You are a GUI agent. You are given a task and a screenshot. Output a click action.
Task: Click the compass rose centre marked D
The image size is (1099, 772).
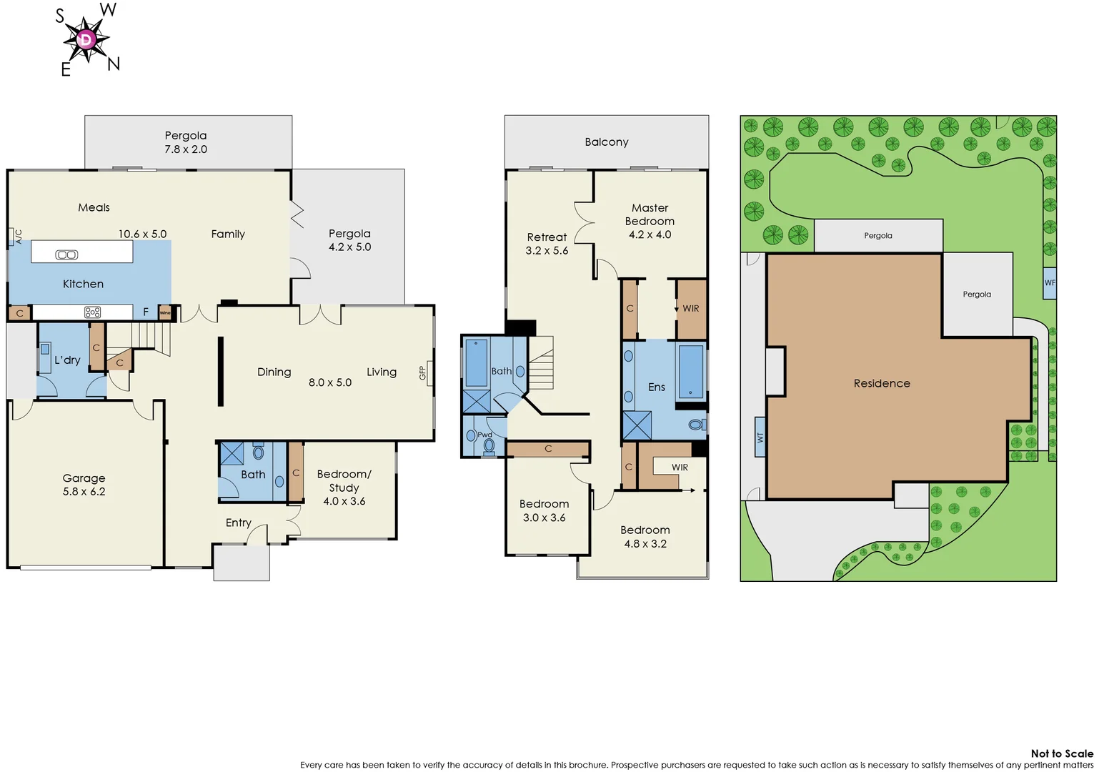tap(86, 39)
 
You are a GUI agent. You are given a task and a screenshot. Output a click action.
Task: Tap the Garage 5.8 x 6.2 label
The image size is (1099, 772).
tap(84, 485)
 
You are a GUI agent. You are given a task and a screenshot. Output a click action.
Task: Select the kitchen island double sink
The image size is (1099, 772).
tap(66, 255)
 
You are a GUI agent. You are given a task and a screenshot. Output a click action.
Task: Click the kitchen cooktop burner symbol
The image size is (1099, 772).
tap(93, 312)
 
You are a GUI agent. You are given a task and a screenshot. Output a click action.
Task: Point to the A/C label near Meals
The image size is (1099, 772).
tap(18, 237)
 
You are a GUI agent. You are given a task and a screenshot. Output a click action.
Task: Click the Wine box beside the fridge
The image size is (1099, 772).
tap(165, 313)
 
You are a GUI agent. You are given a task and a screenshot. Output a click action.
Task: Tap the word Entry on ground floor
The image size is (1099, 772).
tap(238, 523)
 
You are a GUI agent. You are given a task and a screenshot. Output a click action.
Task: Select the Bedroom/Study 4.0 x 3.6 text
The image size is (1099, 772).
tap(344, 487)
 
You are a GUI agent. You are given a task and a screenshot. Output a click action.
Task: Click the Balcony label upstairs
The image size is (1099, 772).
tap(606, 142)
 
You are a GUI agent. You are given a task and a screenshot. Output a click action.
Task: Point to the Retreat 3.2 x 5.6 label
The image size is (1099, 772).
tap(547, 244)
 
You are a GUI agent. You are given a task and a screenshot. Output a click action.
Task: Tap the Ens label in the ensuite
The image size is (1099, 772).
tap(656, 387)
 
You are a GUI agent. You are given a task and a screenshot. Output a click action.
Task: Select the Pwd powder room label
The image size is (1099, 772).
tap(484, 435)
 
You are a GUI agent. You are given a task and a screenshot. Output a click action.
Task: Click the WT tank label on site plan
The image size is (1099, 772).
tap(760, 437)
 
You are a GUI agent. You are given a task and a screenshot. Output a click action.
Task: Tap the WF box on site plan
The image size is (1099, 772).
tap(1049, 283)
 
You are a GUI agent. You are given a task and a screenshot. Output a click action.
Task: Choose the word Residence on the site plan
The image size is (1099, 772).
tap(881, 383)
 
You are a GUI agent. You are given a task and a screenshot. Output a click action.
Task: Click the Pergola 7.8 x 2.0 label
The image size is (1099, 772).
tap(186, 142)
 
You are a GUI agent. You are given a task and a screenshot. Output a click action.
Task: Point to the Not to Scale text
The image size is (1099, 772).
tap(1061, 753)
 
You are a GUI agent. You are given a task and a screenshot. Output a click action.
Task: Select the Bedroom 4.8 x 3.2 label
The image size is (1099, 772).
tap(645, 537)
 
